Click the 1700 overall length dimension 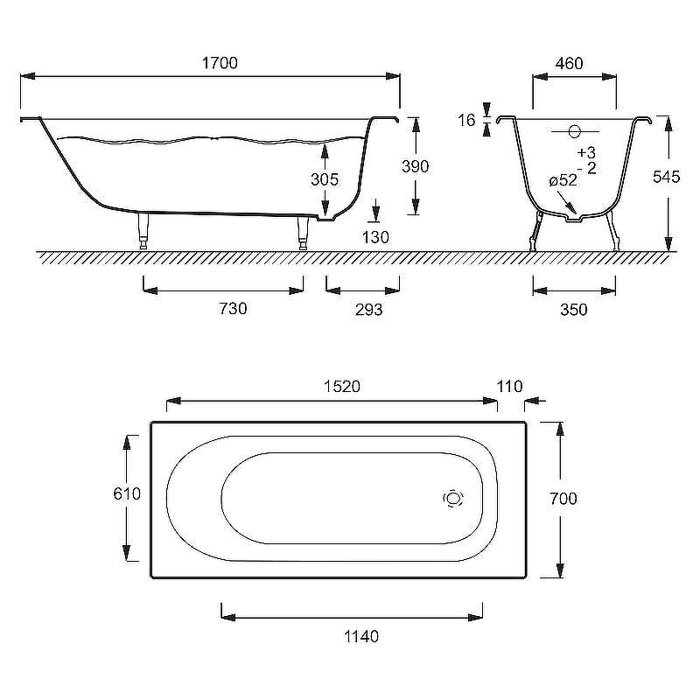(x=220, y=63)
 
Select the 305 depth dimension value (x=325, y=179)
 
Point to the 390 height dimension (x=415, y=166)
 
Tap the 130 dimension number (x=375, y=237)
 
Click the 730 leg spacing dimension (x=233, y=309)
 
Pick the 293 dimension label (x=368, y=310)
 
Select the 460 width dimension (x=570, y=63)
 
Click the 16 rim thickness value (x=466, y=120)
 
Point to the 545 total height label (x=666, y=177)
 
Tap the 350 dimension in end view (x=574, y=310)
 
